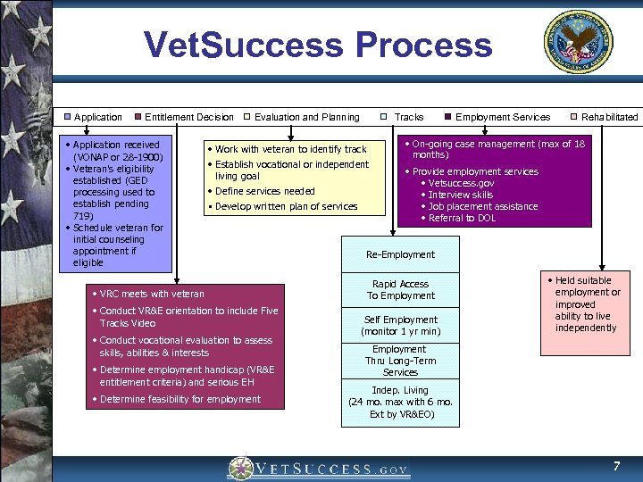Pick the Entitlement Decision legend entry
point(183,117)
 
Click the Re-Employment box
point(400,254)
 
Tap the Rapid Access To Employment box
point(400,290)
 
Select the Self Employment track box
point(400,326)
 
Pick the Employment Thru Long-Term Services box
point(400,361)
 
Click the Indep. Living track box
point(400,402)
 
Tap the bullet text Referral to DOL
point(462,218)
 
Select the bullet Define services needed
point(264,191)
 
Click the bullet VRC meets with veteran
point(152,294)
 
